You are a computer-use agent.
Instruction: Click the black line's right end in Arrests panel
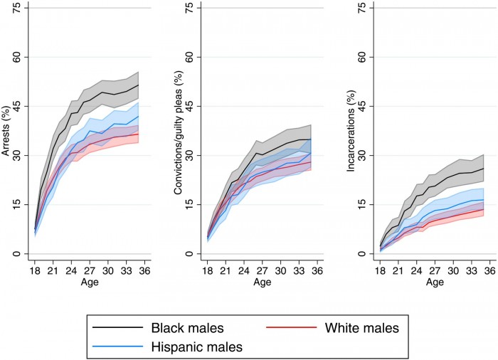[139, 85]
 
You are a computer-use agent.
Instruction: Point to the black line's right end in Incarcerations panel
[483, 169]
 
